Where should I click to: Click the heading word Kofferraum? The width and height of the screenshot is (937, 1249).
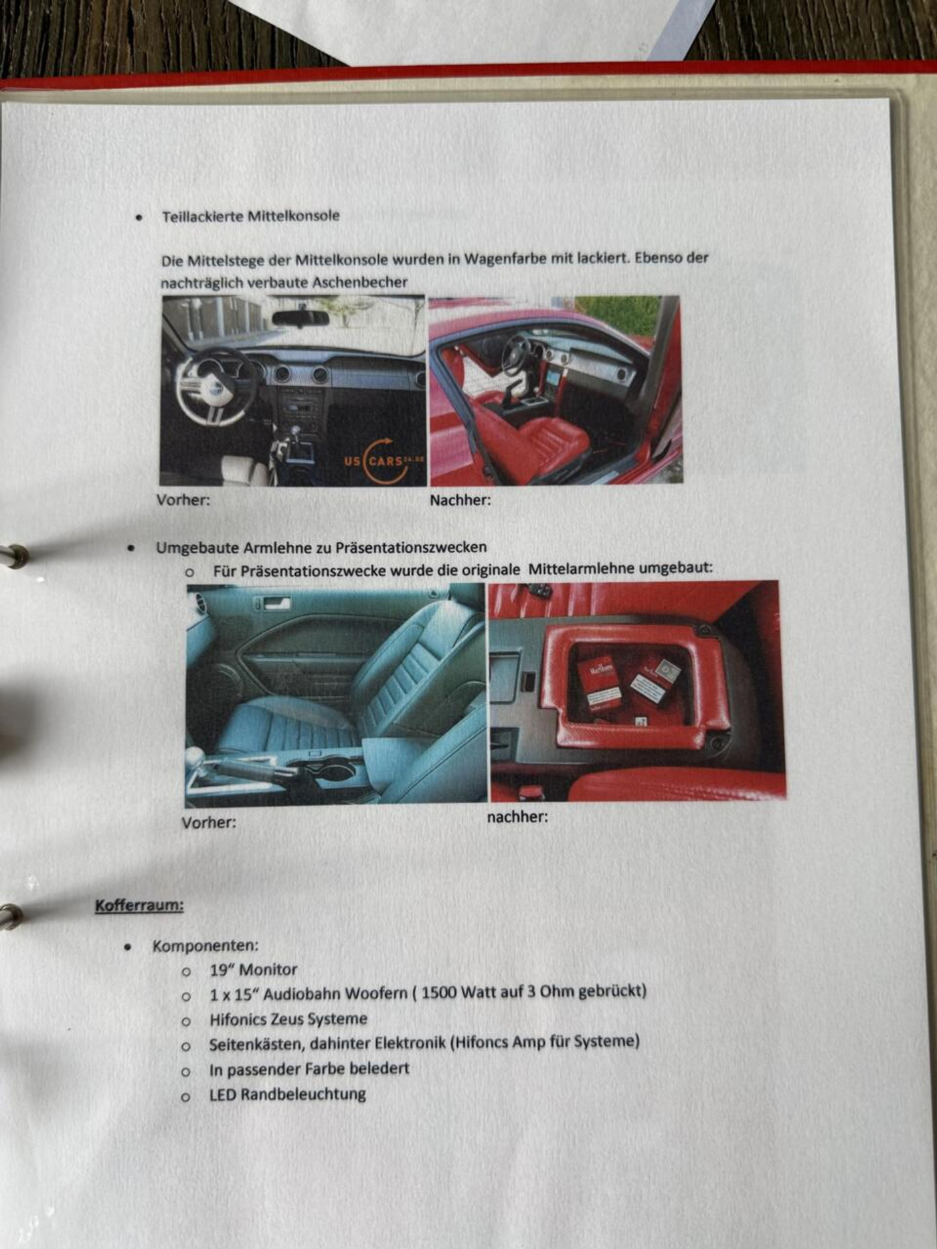click(x=139, y=906)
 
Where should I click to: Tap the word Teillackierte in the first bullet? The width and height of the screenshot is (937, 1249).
click(x=203, y=216)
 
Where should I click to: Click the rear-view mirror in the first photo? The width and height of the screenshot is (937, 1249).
click(x=301, y=318)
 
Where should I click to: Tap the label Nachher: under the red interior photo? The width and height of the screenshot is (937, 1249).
click(x=460, y=500)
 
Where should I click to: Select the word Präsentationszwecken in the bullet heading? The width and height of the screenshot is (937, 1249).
click(x=411, y=548)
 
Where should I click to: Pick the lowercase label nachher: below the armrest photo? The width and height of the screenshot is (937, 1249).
click(x=517, y=817)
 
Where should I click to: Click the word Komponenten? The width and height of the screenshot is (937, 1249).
click(x=205, y=946)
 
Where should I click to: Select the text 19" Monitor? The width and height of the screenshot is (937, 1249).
click(x=254, y=969)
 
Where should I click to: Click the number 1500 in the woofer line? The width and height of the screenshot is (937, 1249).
click(x=440, y=993)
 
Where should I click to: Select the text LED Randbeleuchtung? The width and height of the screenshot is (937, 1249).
click(x=288, y=1094)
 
